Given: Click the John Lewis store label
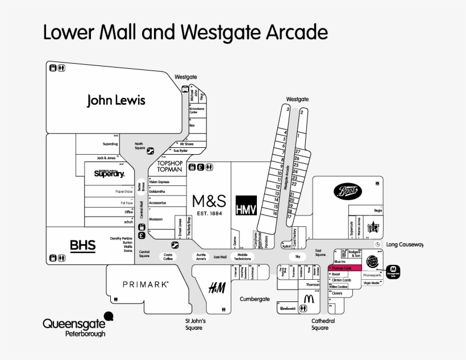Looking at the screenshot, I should [x=116, y=101].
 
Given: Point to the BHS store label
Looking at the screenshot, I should [x=82, y=246].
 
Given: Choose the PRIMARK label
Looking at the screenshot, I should [x=145, y=283].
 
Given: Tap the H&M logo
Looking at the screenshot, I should [x=217, y=288].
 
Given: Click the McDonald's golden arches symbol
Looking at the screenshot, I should [x=309, y=297].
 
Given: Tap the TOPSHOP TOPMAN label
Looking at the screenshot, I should [x=169, y=165].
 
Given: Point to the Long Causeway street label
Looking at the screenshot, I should [x=405, y=245].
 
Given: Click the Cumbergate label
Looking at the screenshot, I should [x=254, y=299].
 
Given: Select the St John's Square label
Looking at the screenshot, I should [x=194, y=324].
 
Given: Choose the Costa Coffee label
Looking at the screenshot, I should [x=168, y=256].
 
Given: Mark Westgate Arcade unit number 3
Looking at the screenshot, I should [x=288, y=109].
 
